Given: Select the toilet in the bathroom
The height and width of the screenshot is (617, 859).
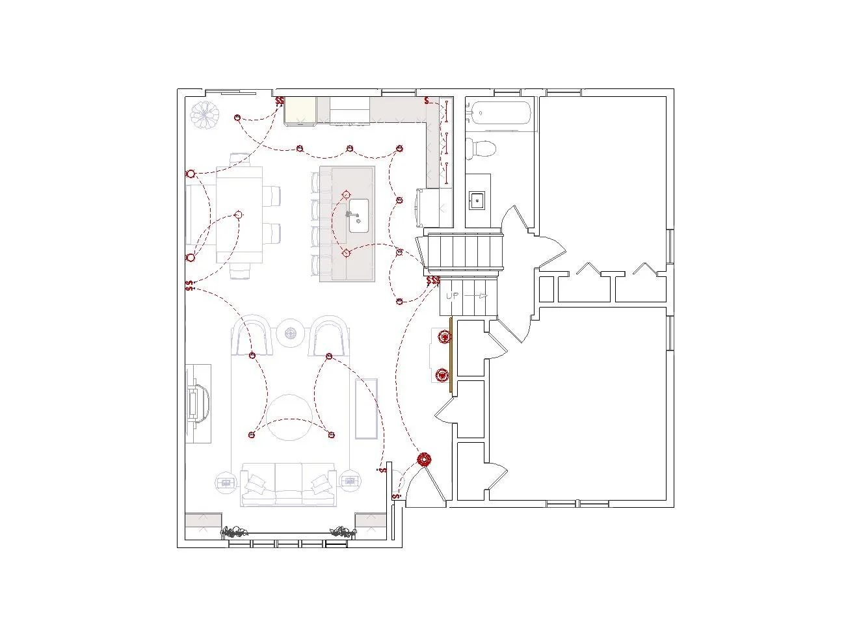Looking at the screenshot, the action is click(482, 148).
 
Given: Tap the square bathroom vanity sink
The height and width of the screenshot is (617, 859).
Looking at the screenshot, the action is click(478, 200).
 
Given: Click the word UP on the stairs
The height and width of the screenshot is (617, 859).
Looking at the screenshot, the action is click(453, 296).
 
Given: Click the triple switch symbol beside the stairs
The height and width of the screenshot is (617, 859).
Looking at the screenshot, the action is click(433, 281).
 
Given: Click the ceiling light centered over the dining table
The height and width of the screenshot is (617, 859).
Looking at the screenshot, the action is click(239, 215).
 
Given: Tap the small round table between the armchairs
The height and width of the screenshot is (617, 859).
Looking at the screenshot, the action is click(290, 334).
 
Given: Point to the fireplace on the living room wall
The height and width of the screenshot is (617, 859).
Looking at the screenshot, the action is click(198, 404).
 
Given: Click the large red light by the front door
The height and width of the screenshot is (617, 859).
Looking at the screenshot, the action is click(424, 460).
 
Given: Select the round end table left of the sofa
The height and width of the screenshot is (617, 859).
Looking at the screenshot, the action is click(226, 482).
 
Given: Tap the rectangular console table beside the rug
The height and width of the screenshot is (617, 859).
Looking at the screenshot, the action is click(366, 408).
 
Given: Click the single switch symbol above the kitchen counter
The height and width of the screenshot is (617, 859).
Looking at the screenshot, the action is click(427, 101).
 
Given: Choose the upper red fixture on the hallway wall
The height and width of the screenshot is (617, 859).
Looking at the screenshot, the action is click(445, 337).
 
